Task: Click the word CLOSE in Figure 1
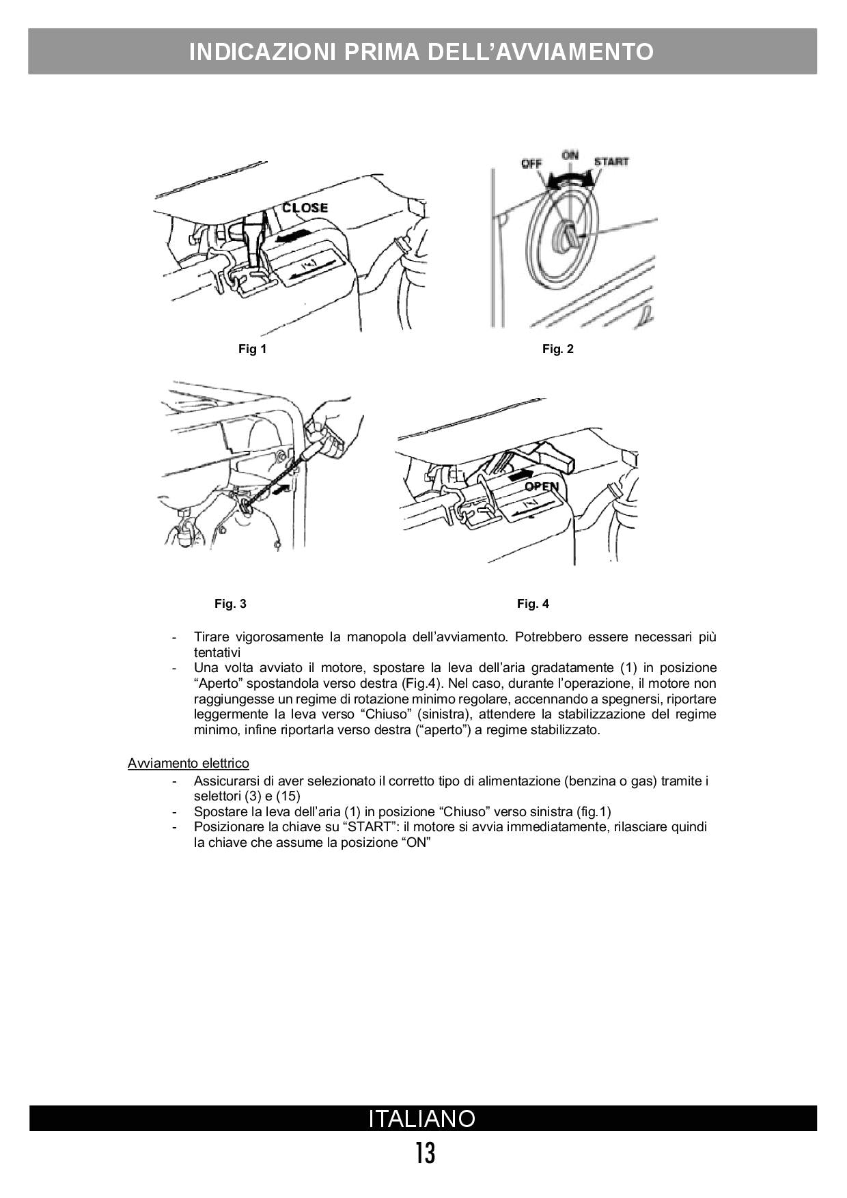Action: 305,208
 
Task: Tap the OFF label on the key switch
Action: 531,164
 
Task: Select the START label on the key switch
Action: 611,162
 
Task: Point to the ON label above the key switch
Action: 570,155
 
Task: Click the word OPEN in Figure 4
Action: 542,486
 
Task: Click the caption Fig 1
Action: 252,349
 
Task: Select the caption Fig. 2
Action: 558,349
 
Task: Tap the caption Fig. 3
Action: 230,604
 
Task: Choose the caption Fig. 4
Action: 533,604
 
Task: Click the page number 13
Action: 425,1154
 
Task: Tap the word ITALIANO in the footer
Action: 422,1119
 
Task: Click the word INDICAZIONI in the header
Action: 262,52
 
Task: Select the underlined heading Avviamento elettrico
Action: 189,763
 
